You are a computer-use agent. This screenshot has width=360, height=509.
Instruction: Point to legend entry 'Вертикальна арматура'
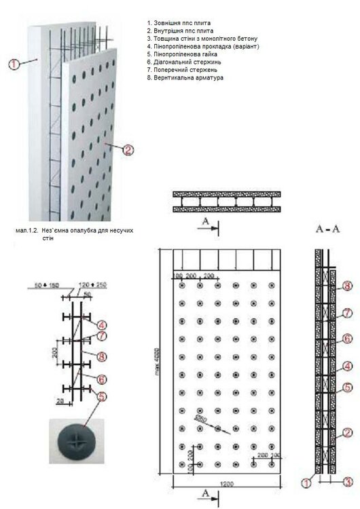185,77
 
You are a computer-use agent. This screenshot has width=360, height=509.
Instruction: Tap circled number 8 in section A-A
348,287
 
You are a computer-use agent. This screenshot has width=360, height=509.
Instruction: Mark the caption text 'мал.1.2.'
27,231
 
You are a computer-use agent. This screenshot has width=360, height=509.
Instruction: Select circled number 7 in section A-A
348,314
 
